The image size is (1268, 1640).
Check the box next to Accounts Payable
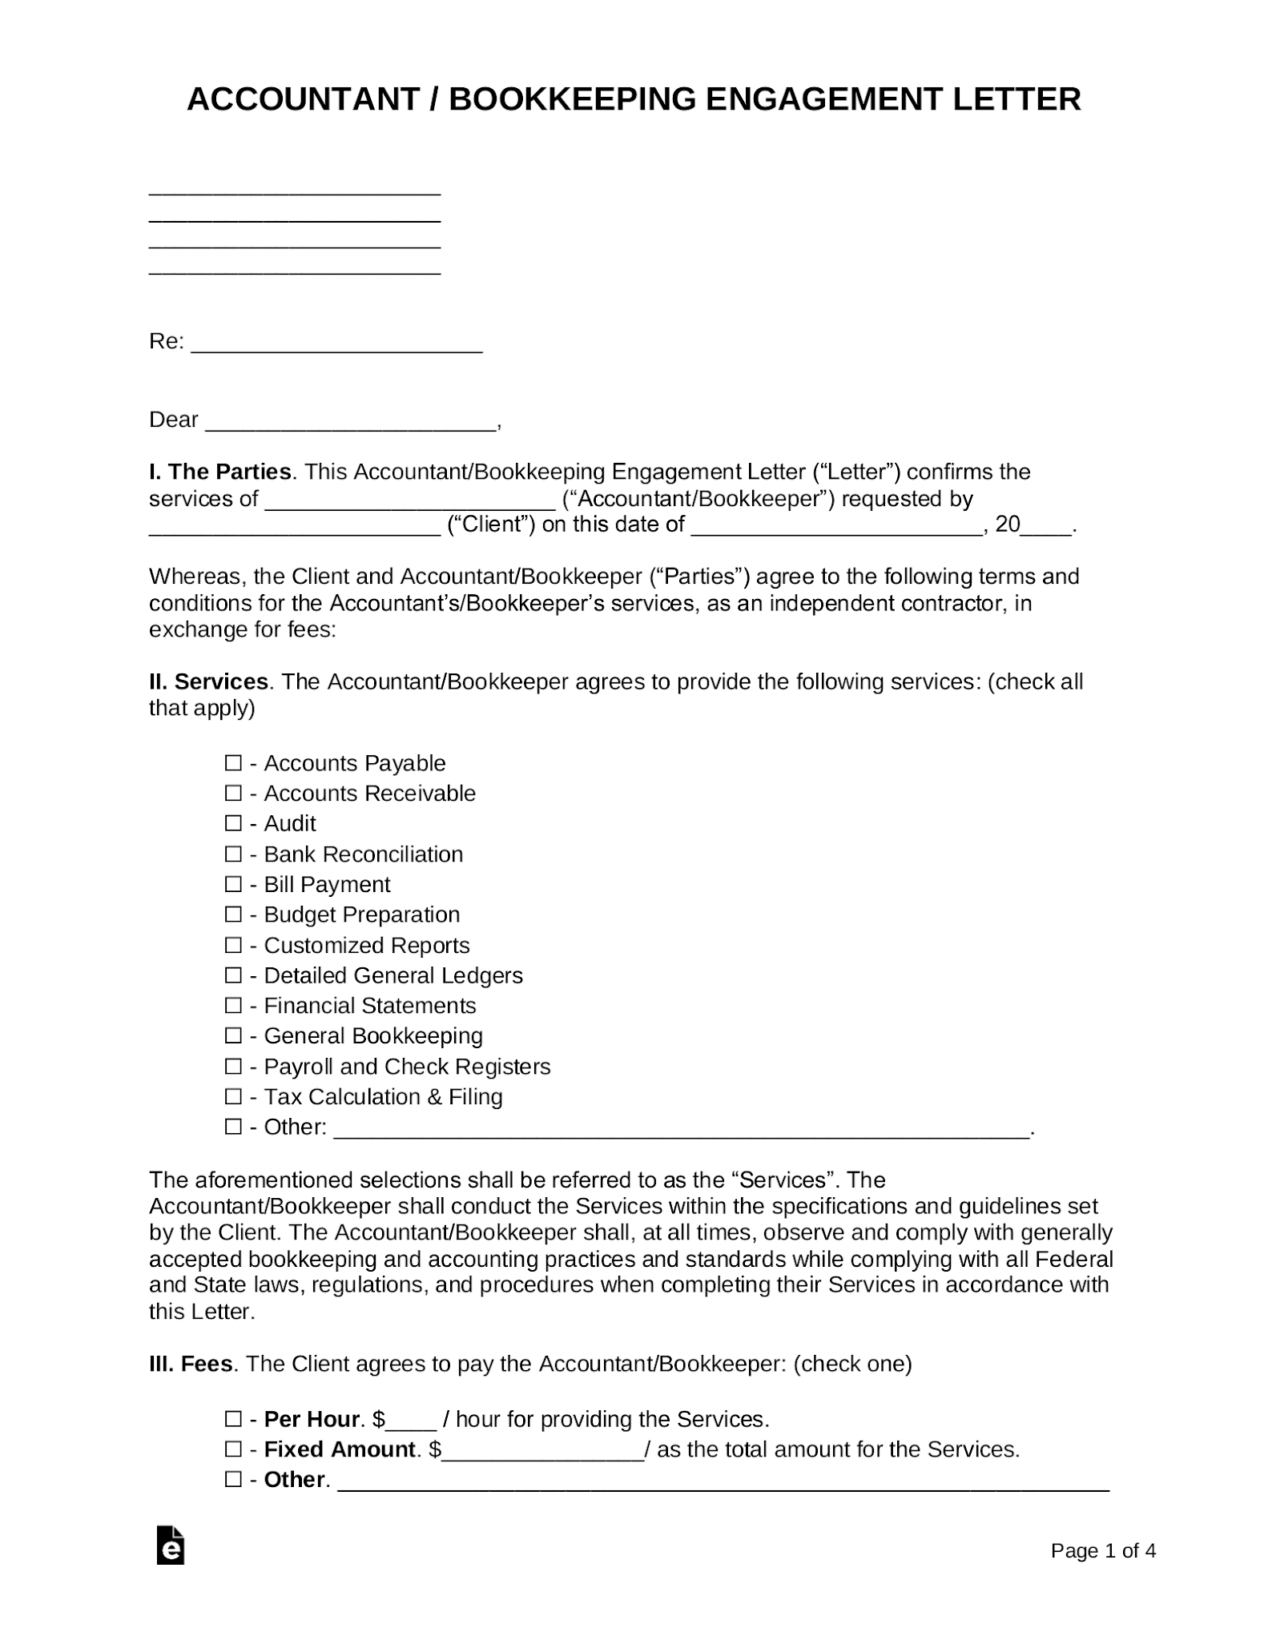click(x=233, y=763)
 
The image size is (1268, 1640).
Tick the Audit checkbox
click(x=233, y=823)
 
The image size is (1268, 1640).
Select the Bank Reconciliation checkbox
click(x=233, y=854)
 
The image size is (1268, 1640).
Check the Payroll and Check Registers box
click(x=233, y=1067)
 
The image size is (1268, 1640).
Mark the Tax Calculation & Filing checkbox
click(x=233, y=1096)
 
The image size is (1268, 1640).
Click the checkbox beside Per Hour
click(x=233, y=1420)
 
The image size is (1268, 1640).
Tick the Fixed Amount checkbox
click(x=233, y=1449)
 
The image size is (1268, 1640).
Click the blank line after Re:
click(x=336, y=344)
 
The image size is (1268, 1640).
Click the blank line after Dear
click(x=351, y=423)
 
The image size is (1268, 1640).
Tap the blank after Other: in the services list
click(x=681, y=1129)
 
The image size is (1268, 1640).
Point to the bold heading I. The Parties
click(x=220, y=472)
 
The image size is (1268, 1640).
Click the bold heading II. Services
click(x=208, y=681)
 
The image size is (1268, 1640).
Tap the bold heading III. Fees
click(x=191, y=1364)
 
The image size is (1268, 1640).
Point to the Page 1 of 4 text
click(x=1103, y=1551)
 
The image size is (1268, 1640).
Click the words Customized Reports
click(x=367, y=946)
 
